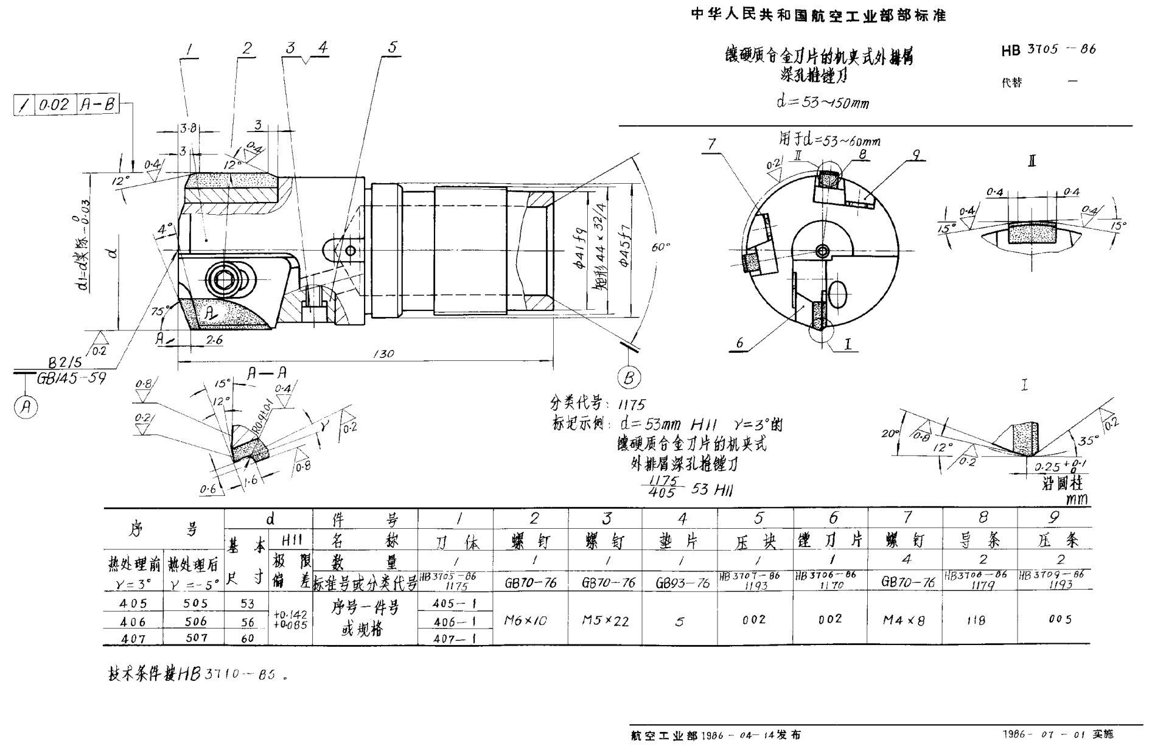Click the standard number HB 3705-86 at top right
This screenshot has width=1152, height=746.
tap(1048, 50)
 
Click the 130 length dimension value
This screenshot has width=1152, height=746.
tap(383, 354)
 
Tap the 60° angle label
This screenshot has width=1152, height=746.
tap(660, 246)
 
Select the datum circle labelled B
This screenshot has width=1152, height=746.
tap(629, 378)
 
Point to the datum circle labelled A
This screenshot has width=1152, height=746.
tap(26, 406)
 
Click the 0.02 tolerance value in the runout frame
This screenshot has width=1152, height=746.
tap(55, 105)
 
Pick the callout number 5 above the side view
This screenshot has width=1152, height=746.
tap(393, 47)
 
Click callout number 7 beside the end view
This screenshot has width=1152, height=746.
tap(712, 144)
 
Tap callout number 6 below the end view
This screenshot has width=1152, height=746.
tap(739, 343)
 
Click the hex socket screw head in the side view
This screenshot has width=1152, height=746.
tap(222, 279)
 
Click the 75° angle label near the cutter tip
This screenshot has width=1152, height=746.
tap(160, 311)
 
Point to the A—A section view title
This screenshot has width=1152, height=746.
tap(267, 373)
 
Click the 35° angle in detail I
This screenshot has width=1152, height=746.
tap(1088, 440)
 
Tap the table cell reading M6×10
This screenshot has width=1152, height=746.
tap(526, 620)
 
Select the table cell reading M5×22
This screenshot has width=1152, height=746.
tap(605, 620)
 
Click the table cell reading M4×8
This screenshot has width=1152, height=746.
tap(904, 620)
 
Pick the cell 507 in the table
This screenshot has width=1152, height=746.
tap(195, 638)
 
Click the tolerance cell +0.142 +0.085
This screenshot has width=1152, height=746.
tap(290, 619)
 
